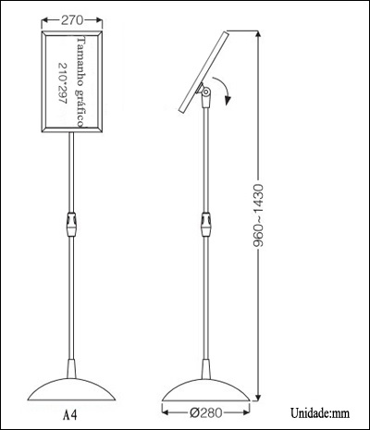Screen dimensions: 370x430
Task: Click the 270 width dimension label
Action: click(72, 20)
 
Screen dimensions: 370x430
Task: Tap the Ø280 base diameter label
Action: click(205, 412)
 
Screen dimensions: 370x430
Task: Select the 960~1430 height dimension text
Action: click(258, 215)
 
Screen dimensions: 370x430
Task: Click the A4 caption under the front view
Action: click(70, 415)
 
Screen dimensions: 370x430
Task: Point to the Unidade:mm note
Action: click(320, 413)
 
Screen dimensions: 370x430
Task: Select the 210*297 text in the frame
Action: click(63, 83)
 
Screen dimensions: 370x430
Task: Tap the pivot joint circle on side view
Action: click(206, 92)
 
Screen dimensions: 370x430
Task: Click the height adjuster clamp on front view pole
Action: click(71, 224)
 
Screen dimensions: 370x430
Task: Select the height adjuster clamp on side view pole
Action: click(206, 224)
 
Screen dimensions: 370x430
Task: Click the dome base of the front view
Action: click(71, 389)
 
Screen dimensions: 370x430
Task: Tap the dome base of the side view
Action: click(206, 390)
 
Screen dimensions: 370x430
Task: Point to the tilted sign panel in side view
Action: click(203, 71)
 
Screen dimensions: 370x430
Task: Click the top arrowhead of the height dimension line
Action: click(258, 33)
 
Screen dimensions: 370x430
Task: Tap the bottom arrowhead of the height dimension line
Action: click(258, 398)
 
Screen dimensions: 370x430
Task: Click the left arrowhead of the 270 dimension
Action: click(45, 20)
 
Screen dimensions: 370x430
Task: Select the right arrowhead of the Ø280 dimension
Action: click(246, 412)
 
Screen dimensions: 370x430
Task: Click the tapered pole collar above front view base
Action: click(71, 369)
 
